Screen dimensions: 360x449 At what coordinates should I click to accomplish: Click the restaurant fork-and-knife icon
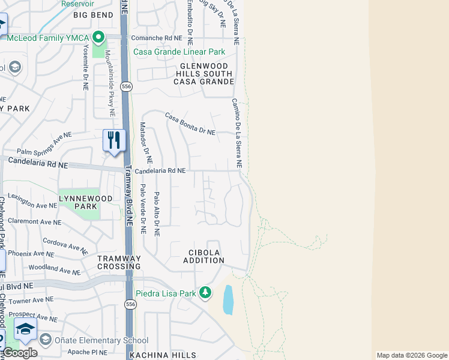(114, 141)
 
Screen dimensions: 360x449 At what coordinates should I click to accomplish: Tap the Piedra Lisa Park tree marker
(206, 293)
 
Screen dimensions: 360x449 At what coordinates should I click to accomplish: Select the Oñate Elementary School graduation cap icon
(26, 329)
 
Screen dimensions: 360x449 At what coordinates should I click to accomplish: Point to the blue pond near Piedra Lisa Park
(228, 299)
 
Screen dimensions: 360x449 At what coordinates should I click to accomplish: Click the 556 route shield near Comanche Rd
(125, 87)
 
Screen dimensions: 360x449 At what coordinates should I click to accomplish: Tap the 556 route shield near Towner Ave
(130, 305)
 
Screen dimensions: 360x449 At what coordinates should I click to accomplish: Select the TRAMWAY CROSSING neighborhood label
(119, 262)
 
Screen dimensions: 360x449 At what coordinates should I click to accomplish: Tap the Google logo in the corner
(20, 353)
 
